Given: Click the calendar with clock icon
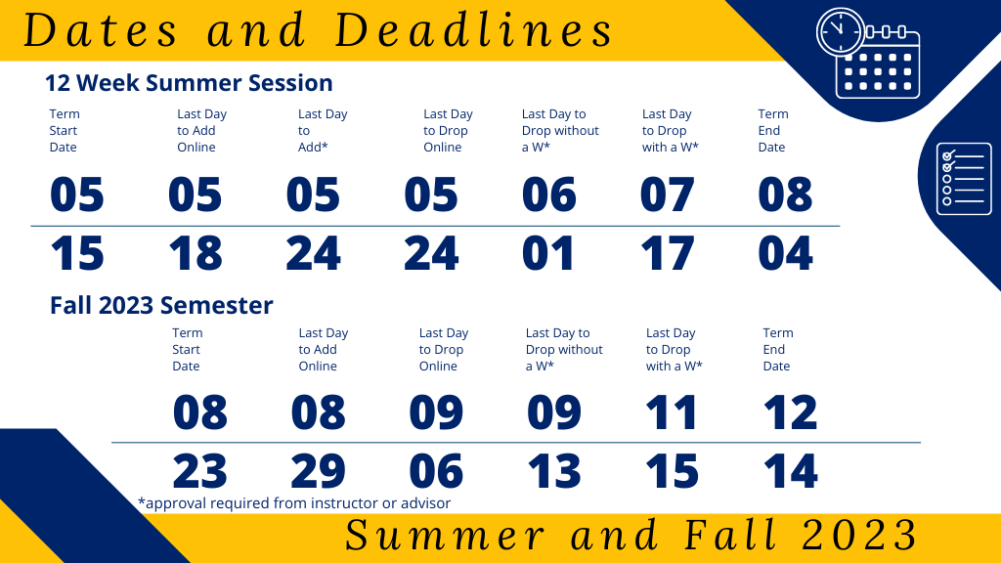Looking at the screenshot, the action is pos(868,53).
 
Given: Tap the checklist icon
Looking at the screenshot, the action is pos(963,179).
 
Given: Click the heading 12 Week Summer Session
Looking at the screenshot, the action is pos(189,83).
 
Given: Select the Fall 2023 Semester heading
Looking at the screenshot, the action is pos(161,305).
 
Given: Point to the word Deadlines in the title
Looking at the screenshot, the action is pos(474,30).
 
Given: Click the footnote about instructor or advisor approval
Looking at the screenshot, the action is pos(294,503).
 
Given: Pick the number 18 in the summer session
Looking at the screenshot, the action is pos(196,253).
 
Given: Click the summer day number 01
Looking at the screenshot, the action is pos(548,253).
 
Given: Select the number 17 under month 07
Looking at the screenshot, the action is pos(667,253).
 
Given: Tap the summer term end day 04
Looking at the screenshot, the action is pos(785,253).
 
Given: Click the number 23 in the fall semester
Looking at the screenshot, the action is pos(199,471).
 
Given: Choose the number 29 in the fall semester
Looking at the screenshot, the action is pos(318,471).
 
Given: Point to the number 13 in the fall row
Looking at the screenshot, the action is pos(554,471).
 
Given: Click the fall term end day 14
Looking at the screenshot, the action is pos(790,471).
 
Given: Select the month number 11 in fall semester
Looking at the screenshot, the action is pos(671,412).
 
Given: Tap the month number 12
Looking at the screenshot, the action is pos(790,412).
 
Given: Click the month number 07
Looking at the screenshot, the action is pos(667,195).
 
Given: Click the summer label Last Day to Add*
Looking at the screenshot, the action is pos(323,130).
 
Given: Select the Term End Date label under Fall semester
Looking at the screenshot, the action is pos(778,349).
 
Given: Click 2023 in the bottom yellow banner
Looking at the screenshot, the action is pos(859,535).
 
